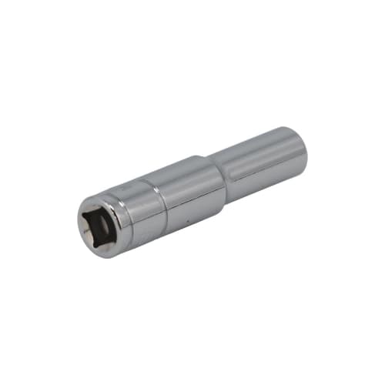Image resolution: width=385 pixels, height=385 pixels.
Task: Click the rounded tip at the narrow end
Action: click(x=303, y=151)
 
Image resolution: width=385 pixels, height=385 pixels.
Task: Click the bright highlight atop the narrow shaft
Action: click(x=254, y=146)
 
